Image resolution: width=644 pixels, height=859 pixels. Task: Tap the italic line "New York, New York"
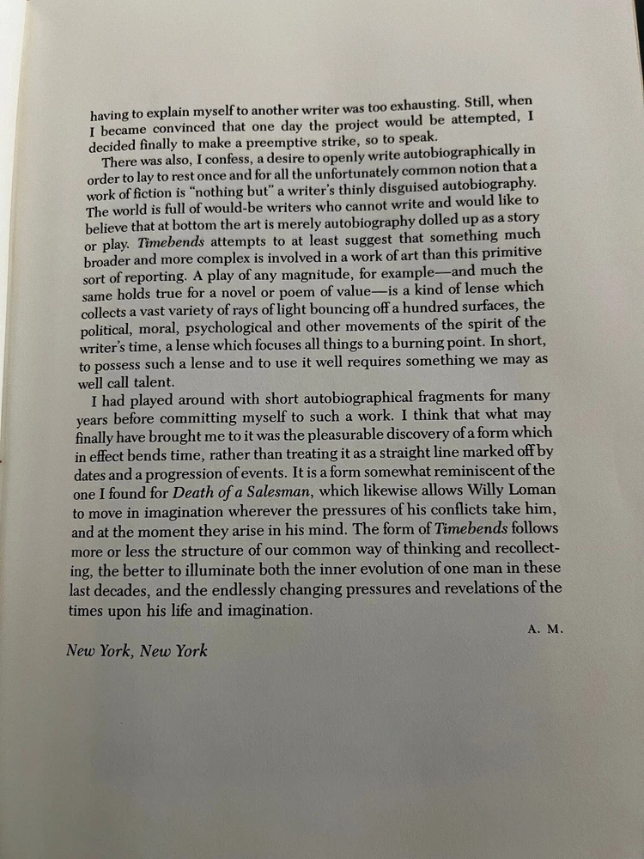pos(137,650)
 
